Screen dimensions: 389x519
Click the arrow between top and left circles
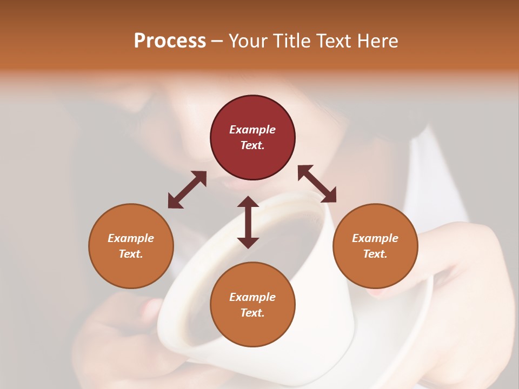pyautogui.click(x=187, y=190)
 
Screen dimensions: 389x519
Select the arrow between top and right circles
pyautogui.click(x=317, y=184)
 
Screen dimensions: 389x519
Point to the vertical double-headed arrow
pyautogui.click(x=248, y=222)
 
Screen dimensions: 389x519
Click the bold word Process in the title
pyautogui.click(x=170, y=41)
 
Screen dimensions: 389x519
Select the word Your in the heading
pyautogui.click(x=248, y=41)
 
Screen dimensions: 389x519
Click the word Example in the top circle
pyautogui.click(x=252, y=130)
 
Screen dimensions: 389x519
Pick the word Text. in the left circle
pyautogui.click(x=131, y=254)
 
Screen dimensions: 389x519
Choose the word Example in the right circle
pyautogui.click(x=375, y=238)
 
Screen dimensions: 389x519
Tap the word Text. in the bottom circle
pyautogui.click(x=252, y=313)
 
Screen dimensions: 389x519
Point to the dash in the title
pyautogui.click(x=217, y=41)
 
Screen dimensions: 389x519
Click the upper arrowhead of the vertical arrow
pyautogui.click(x=248, y=202)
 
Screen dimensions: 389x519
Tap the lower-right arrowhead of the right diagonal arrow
pyautogui.click(x=329, y=195)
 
